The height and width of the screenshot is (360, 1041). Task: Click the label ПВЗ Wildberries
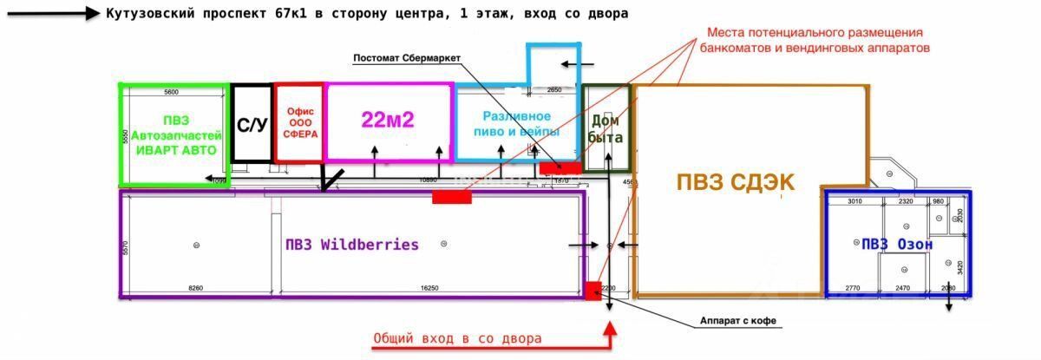pyautogui.click(x=351, y=245)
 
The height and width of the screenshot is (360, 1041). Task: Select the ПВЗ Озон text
pyautogui.click(x=896, y=245)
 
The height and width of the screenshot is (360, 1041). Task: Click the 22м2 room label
pyautogui.click(x=388, y=121)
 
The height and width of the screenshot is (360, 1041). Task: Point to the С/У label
pyautogui.click(x=252, y=125)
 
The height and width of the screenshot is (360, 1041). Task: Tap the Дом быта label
pyautogui.click(x=606, y=129)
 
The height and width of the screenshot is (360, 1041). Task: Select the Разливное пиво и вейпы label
pyautogui.click(x=517, y=123)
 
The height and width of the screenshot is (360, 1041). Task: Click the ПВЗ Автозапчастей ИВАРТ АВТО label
pyautogui.click(x=174, y=135)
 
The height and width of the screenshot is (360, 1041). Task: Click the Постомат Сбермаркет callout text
pyautogui.click(x=407, y=59)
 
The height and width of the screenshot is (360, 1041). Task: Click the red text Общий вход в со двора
pyautogui.click(x=457, y=338)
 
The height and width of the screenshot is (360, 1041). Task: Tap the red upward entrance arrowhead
pyautogui.click(x=610, y=329)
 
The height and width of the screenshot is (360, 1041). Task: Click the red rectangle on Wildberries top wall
pyautogui.click(x=451, y=197)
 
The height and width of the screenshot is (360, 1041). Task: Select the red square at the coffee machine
pyautogui.click(x=593, y=290)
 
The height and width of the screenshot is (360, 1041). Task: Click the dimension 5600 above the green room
pyautogui.click(x=171, y=91)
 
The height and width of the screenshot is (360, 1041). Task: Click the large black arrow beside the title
pyautogui.click(x=52, y=14)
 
